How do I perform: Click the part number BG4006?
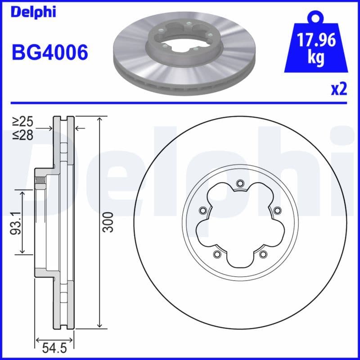tap(49, 53)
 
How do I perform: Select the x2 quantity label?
tap(339, 89)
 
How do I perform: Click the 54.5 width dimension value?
tap(54, 348)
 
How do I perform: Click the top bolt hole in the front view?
tap(239, 183)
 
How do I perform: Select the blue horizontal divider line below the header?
tap(180, 102)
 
